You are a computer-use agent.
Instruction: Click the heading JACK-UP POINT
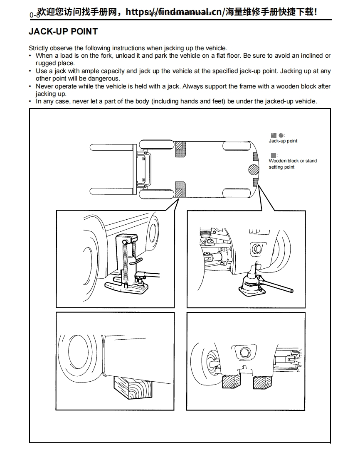click(x=63, y=32)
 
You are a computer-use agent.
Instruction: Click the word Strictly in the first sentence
click(x=38, y=48)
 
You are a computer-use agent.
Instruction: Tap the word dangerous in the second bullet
click(x=105, y=78)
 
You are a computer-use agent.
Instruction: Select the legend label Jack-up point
click(x=283, y=141)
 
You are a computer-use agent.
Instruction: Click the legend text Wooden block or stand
click(x=293, y=161)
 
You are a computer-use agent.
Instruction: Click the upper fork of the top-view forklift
click(x=111, y=147)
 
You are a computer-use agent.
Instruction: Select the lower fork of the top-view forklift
click(x=111, y=192)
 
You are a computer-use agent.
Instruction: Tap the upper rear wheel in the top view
click(x=237, y=145)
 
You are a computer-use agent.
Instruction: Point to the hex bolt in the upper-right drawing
click(x=255, y=249)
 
